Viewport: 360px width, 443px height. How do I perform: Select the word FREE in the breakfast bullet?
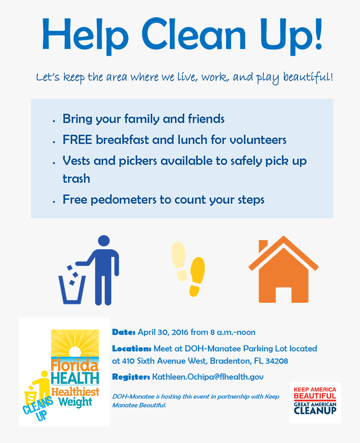[77, 140]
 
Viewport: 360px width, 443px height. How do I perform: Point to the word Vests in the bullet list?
[77, 161]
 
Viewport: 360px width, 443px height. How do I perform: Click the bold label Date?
[123, 332]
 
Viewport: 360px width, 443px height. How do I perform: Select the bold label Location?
[131, 348]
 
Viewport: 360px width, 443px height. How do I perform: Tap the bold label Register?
[131, 377]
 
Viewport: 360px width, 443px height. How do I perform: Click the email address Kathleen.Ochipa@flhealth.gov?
[208, 377]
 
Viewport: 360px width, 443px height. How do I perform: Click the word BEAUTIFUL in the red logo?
[315, 396]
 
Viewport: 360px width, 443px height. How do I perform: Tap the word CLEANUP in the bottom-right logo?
[315, 411]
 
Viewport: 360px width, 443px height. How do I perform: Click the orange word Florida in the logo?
[75, 365]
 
